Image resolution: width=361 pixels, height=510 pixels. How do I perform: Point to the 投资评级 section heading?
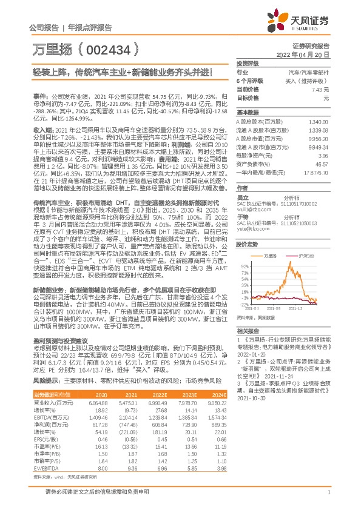[248, 63]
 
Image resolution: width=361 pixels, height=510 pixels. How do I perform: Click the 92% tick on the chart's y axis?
[244, 265]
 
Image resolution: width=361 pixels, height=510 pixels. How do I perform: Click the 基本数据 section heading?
[248, 113]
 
